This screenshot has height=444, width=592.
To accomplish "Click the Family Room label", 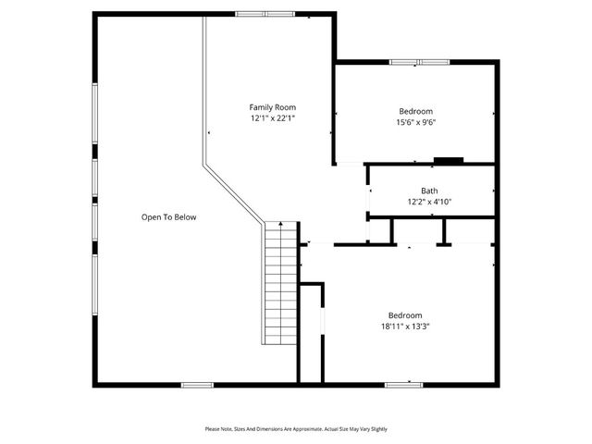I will point(273,107).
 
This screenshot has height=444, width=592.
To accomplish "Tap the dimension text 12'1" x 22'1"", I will point(273,118).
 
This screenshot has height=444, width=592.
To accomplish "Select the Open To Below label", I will point(168,217).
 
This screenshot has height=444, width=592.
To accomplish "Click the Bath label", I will point(429,191).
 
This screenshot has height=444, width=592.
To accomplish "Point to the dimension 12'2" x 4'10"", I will point(429,202).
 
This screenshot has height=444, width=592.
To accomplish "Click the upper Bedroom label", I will point(415,111).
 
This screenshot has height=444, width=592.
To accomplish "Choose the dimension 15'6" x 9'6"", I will point(415,121).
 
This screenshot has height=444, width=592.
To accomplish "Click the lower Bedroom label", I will point(405,314).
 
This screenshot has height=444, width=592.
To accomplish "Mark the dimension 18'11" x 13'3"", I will point(405,326).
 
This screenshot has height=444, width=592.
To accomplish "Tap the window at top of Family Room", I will point(265,14).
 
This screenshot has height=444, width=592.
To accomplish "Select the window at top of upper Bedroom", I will point(418,62).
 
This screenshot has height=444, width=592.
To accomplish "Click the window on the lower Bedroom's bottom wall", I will point(404,384).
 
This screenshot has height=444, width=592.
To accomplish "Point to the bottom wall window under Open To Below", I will point(197,385).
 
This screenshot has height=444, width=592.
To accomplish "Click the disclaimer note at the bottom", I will point(296,429).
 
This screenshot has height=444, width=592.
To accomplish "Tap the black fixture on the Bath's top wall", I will point(449,160).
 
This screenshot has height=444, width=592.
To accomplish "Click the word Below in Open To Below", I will point(184,217).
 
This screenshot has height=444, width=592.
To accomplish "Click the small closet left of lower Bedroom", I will point(310,333).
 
